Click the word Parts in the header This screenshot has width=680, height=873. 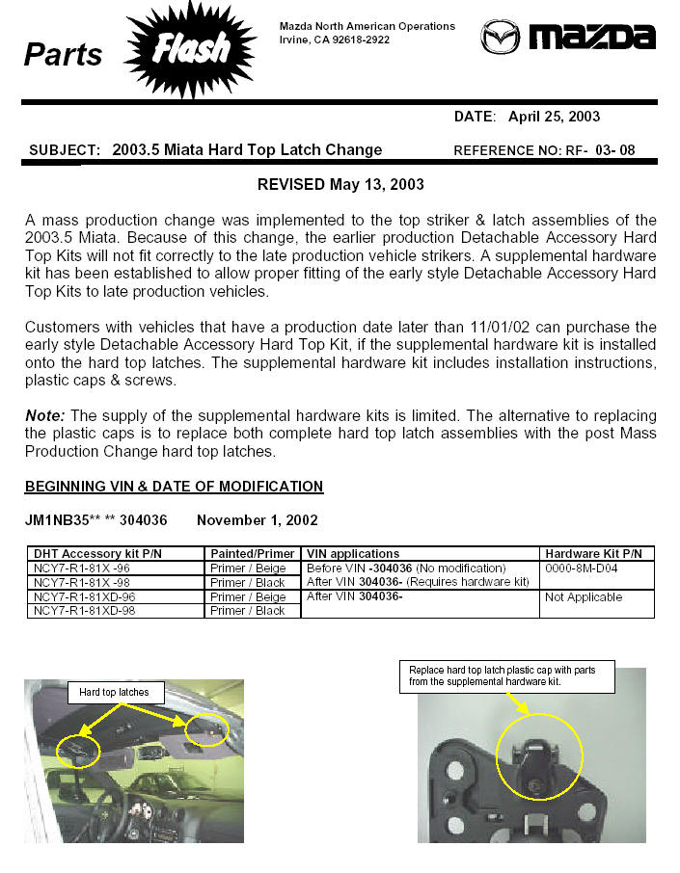63,54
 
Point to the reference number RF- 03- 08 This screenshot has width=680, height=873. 600,150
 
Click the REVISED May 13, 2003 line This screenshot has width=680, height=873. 340,184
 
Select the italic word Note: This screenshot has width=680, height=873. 44,416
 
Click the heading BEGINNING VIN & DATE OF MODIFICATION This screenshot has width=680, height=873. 174,487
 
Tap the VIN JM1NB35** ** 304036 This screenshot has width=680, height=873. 95,520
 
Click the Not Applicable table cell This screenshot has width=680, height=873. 584,597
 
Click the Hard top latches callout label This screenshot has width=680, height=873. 114,692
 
